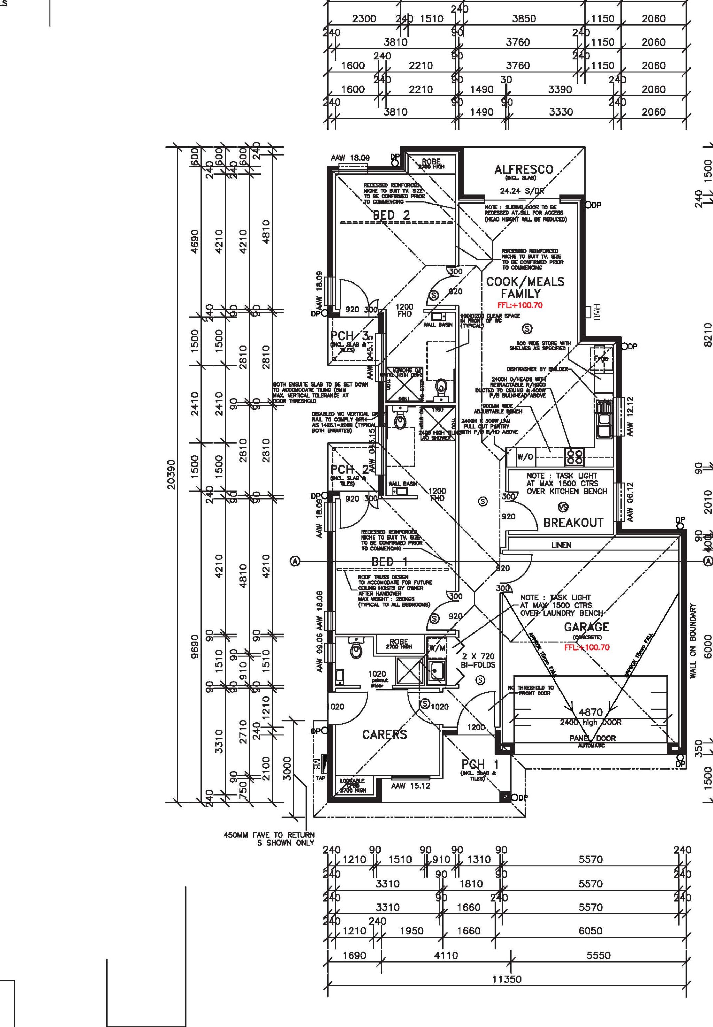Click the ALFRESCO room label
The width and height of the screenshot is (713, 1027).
coord(524,170)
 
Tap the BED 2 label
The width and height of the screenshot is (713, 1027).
coord(391,215)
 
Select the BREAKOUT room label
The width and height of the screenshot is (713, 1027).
coord(573,523)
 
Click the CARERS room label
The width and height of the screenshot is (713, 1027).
coord(384,734)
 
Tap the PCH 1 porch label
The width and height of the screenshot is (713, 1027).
coord(480,765)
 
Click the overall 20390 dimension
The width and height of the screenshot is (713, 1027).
coord(172,474)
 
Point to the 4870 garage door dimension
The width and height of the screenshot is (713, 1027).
coord(590,713)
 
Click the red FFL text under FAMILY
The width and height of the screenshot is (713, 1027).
coord(520,306)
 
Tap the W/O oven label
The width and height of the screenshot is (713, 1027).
coord(525,456)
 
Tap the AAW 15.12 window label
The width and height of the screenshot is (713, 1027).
coord(410,786)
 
